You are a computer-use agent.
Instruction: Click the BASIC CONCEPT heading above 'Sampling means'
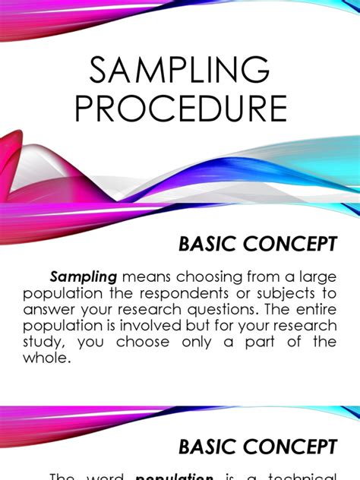click(257, 244)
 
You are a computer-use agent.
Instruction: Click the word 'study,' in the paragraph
click(43, 341)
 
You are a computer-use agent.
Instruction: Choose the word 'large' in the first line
click(316, 277)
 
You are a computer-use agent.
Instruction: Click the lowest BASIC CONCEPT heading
click(257, 446)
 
